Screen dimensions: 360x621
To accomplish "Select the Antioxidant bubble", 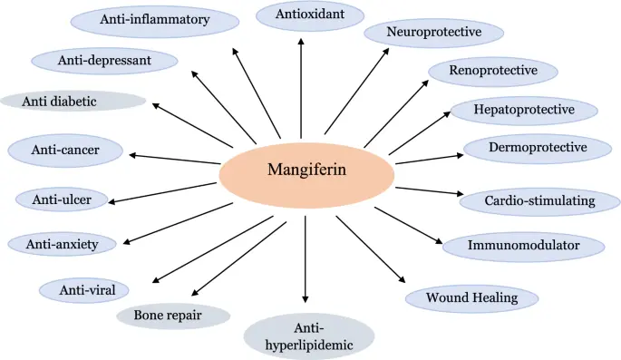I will (309, 15).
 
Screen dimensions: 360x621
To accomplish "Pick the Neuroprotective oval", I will (434, 34).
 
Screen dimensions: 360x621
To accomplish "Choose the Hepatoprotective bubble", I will (524, 110).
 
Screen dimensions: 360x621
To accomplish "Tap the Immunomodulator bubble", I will (524, 245).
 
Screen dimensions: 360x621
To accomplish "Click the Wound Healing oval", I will (471, 297).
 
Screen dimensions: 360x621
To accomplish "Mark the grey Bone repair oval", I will (173, 316).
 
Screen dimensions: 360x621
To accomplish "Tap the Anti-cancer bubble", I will (64, 151).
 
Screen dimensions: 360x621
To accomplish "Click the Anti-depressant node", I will (104, 61).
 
